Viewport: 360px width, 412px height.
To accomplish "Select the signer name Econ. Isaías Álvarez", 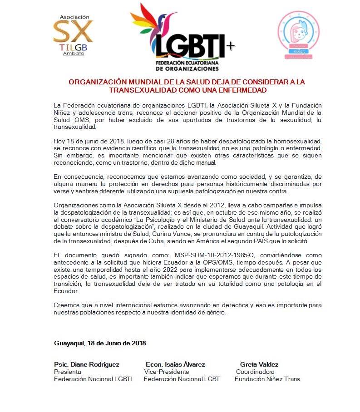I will click(175, 364).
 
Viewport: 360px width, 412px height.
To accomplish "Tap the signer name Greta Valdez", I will click(259, 364).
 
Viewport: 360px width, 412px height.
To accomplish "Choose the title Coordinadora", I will click(255, 372).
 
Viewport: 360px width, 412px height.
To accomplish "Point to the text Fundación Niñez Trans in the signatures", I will click(267, 379).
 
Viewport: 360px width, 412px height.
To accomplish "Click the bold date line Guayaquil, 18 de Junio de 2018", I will click(99, 343).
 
